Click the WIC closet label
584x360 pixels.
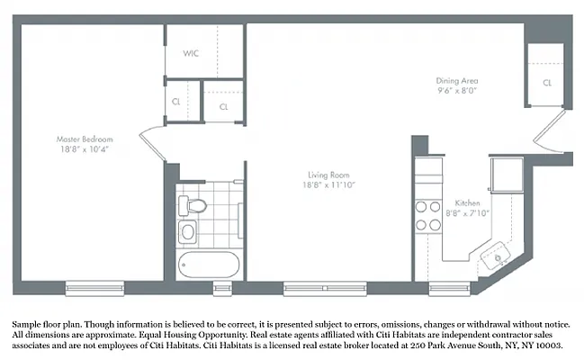[x=191, y=53]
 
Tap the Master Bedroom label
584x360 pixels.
[x=85, y=139]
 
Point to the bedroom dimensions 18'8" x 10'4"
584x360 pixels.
[x=85, y=150]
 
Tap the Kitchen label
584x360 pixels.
[x=467, y=202]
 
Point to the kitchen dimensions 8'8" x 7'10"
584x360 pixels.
[x=467, y=213]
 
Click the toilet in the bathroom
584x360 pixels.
[x=189, y=206]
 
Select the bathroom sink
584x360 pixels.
[x=188, y=233]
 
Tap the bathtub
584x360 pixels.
[x=209, y=266]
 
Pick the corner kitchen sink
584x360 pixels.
[x=494, y=259]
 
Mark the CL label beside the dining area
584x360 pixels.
[x=546, y=83]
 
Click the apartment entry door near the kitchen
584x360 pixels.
[x=549, y=135]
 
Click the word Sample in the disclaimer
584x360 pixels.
[x=28, y=322]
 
